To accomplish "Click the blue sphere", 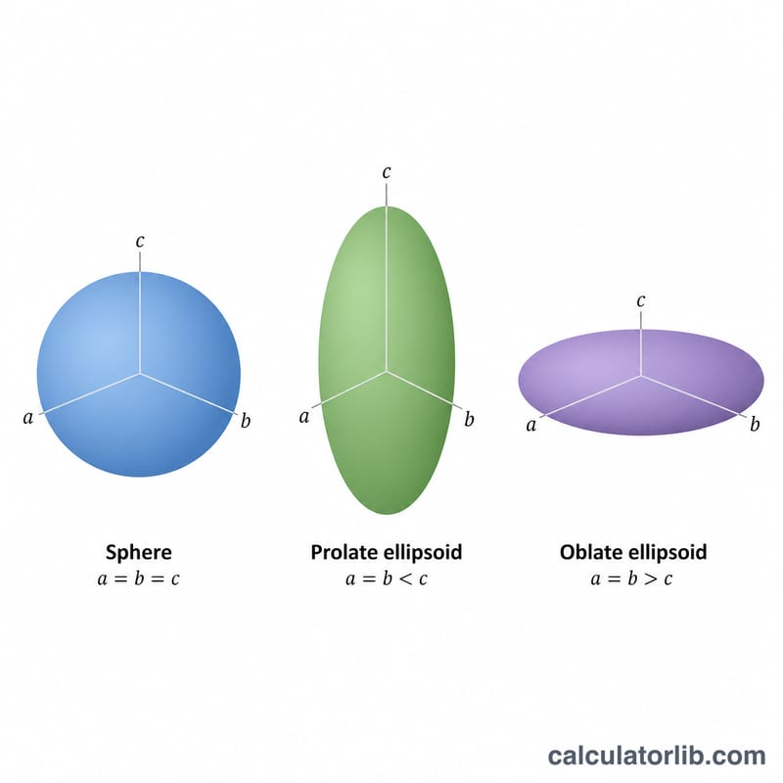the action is [139, 375].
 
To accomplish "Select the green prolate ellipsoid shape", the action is [387, 360].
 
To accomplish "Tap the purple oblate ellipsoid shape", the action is [641, 382].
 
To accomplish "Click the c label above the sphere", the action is [140, 241].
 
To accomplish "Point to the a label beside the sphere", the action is [28, 418].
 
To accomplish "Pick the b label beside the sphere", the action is [246, 421].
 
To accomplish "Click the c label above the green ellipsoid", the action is [386, 172].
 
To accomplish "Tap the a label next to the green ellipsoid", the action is [304, 417].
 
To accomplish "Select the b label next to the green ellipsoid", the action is [469, 419].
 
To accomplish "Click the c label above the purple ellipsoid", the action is [641, 301].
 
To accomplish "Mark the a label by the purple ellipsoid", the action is [530, 425].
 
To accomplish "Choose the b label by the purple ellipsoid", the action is [755, 424].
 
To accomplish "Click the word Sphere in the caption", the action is [139, 552].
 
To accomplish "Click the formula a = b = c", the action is [138, 578].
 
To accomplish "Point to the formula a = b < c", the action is [387, 578].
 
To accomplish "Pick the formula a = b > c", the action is [631, 578].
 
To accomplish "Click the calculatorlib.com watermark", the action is [657, 755].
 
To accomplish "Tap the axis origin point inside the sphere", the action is [140, 373].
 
